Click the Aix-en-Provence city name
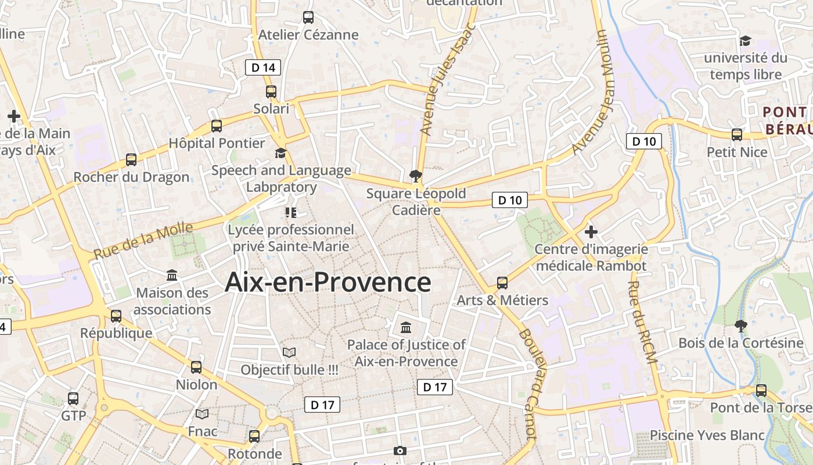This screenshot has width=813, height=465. pos(328,282)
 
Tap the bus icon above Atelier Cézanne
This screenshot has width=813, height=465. pos(308,17)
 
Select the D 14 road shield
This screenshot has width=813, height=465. pos(262,67)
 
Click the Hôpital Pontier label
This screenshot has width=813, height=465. pos(217,143)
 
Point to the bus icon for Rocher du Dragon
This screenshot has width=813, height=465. pos(131,160)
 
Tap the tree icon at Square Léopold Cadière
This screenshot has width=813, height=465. pos(415,175)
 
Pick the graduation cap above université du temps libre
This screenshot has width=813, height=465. pos(745,41)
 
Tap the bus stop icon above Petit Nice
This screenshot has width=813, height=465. pos(737,135)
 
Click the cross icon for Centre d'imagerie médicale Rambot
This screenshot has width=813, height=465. pos(591,232)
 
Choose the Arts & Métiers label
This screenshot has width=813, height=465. pos(502,300)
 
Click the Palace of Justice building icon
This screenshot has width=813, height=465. pos(406,327)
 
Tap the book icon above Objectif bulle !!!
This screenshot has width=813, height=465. pos(289,352)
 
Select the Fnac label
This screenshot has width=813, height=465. pos(202,431)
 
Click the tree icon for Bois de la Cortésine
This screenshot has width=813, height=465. pos(740,325)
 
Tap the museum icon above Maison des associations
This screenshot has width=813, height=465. pos(172,275)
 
